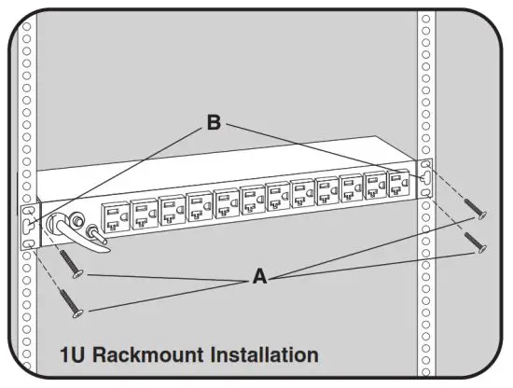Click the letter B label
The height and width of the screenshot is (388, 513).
tap(214, 123)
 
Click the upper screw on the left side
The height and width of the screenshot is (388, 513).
tap(70, 263)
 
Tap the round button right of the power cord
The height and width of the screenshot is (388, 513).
tap(92, 230)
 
